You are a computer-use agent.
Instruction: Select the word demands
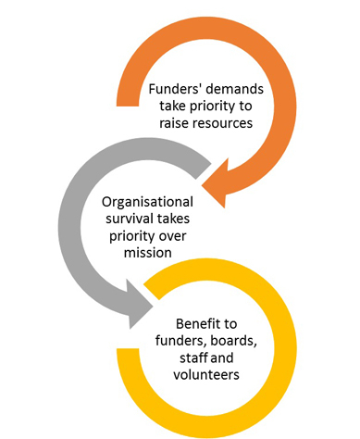point(235,89)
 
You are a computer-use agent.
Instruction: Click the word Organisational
point(147,202)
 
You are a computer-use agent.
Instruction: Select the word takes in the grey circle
point(173,219)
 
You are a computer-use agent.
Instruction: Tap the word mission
point(148,253)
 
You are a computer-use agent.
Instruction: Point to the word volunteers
point(206,375)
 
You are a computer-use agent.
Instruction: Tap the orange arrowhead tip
point(202,186)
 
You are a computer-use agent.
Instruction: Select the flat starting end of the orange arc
point(128,107)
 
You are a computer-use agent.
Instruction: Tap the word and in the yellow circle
point(222,357)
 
